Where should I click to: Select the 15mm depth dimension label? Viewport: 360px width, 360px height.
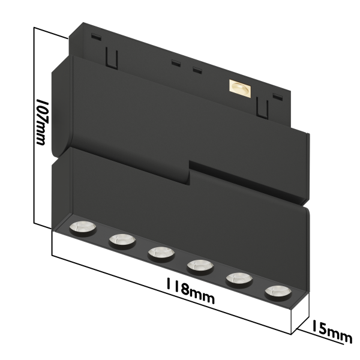(x=331, y=333)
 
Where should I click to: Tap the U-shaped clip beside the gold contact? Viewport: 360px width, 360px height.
(x=262, y=108)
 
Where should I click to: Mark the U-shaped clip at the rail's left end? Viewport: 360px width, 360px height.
(x=110, y=58)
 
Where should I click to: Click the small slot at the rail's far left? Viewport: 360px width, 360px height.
(x=94, y=37)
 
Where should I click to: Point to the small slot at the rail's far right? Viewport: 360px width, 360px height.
(x=277, y=96)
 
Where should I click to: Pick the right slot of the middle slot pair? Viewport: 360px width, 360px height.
(x=196, y=70)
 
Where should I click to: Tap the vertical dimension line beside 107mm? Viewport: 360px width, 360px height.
(x=34, y=126)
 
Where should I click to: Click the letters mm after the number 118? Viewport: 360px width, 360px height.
(x=202, y=295)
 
